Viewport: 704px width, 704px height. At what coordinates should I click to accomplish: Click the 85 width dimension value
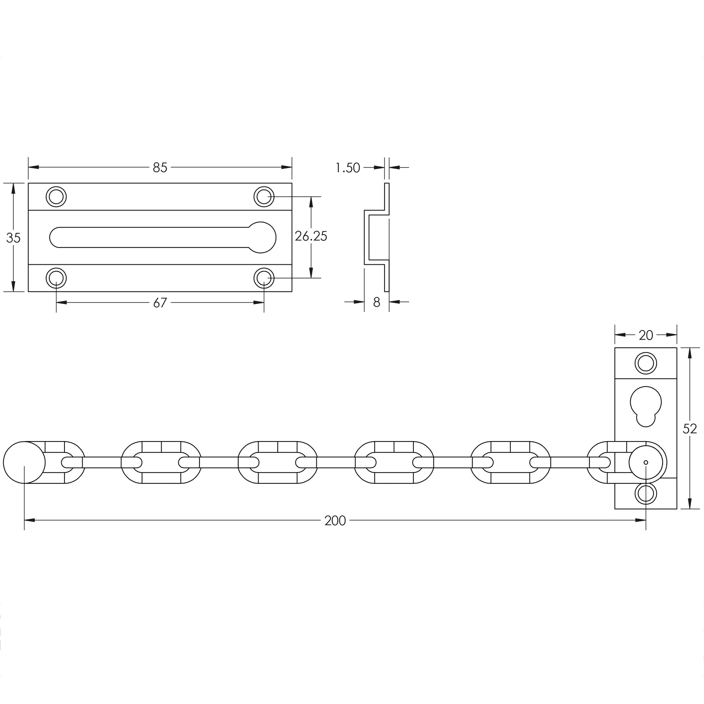pyautogui.click(x=160, y=167)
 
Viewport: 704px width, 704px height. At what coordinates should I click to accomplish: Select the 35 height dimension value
pyautogui.click(x=13, y=238)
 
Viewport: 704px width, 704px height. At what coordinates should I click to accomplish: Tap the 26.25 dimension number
pyautogui.click(x=311, y=236)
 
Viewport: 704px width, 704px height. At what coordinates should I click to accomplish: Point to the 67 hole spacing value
pyautogui.click(x=160, y=303)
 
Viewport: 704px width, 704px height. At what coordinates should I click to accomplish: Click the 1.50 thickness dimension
pyautogui.click(x=348, y=168)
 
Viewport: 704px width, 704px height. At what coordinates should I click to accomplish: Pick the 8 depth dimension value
pyautogui.click(x=377, y=302)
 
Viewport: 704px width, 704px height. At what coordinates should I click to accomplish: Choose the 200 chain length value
pyautogui.click(x=335, y=521)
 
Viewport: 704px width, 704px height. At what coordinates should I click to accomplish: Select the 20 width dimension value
pyautogui.click(x=646, y=335)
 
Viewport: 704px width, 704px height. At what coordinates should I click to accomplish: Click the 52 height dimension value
pyautogui.click(x=690, y=429)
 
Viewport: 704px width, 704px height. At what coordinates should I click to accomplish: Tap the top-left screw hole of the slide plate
pyautogui.click(x=56, y=196)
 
